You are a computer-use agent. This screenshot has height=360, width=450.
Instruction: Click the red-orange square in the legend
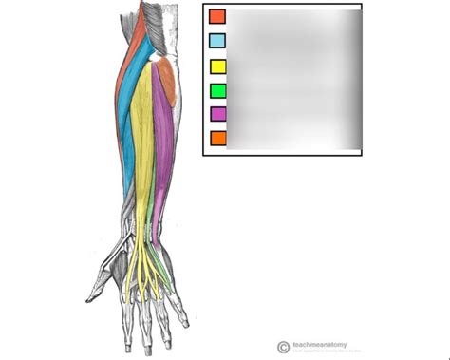tap(217, 16)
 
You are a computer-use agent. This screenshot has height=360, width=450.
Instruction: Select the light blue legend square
tap(217, 41)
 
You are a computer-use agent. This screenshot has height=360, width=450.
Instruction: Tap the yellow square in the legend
tap(217, 66)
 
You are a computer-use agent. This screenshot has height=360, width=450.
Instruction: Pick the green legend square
tap(217, 91)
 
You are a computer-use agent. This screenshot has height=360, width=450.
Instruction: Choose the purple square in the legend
tap(217, 115)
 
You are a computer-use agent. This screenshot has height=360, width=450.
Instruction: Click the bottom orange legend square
tap(217, 139)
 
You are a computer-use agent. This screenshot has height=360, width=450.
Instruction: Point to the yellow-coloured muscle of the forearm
tap(143, 142)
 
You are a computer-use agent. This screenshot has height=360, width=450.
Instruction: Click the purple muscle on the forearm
tap(162, 142)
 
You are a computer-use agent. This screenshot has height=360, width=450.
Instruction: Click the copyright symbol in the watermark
tap(283, 348)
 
